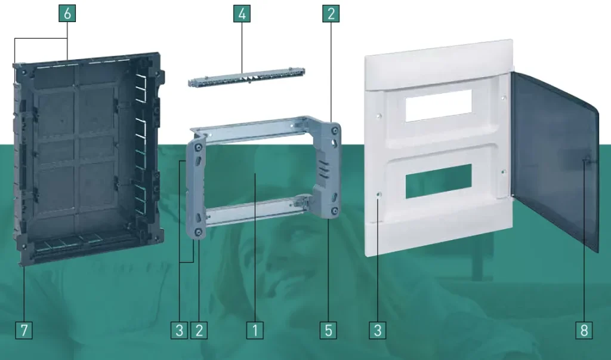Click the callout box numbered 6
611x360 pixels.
(67, 13)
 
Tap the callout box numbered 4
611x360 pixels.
(242, 14)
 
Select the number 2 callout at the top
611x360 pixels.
(331, 14)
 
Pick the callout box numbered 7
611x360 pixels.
(24, 330)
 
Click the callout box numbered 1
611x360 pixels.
(255, 330)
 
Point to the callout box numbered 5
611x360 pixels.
(328, 330)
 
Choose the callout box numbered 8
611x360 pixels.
(584, 330)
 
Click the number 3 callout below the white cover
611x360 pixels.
(378, 330)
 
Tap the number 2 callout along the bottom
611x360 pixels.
(199, 330)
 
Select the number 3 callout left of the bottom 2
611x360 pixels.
(179, 330)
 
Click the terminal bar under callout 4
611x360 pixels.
(246, 77)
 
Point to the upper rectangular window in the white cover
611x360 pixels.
(439, 105)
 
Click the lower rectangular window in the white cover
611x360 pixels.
(439, 181)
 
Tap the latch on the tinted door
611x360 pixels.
(586, 160)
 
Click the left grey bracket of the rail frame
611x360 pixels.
(196, 187)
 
